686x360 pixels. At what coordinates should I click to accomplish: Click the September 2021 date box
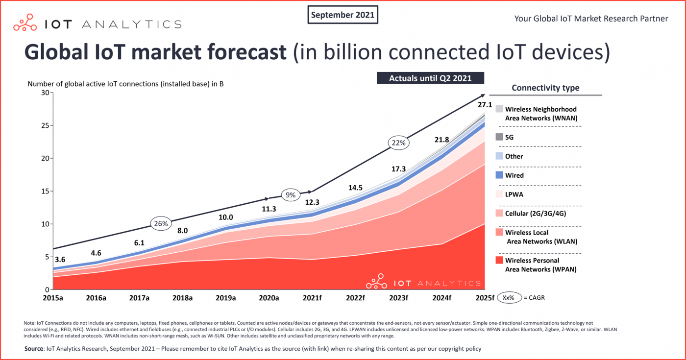(x=343, y=15)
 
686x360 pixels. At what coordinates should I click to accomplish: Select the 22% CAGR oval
(x=398, y=143)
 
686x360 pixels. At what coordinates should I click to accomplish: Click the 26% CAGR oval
(x=161, y=224)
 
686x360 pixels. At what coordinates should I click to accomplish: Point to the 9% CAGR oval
(x=291, y=194)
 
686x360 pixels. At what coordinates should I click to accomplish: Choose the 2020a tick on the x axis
(x=269, y=298)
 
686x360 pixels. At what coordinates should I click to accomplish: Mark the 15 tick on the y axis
(x=46, y=191)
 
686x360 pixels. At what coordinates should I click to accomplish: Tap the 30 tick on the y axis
(x=46, y=93)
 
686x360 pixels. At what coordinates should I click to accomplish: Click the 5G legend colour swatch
(x=499, y=138)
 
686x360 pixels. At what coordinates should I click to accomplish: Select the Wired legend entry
(x=514, y=175)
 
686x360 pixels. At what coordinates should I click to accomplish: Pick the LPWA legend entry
(x=514, y=194)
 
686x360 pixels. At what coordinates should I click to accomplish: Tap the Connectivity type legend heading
(x=545, y=88)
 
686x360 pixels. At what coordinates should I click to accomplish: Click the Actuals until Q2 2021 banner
(x=430, y=78)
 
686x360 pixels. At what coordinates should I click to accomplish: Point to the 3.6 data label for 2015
(x=60, y=260)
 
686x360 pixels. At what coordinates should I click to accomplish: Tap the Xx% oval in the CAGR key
(x=509, y=298)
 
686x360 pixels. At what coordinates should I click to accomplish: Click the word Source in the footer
(x=34, y=349)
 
